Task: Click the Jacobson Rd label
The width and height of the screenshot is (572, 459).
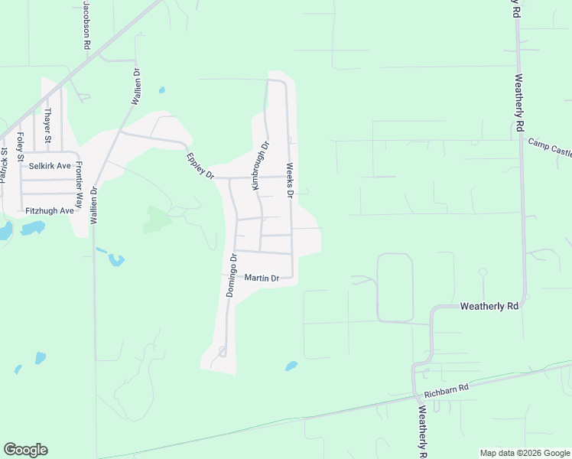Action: [x=87, y=25]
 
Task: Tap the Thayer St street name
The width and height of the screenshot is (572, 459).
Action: [x=47, y=125]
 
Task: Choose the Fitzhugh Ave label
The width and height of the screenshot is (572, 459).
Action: [x=49, y=210]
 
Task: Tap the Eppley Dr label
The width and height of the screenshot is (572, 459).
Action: [x=200, y=165]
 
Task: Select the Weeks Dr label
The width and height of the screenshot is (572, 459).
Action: [x=291, y=180]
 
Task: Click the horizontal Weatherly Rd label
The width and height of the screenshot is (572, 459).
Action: [x=489, y=306]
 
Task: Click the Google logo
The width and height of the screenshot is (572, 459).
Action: [x=25, y=450]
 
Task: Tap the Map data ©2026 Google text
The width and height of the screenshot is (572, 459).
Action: [x=524, y=453]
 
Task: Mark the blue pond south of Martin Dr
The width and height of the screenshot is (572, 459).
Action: [x=291, y=366]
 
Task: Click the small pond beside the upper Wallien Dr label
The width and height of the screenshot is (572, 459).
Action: [x=162, y=90]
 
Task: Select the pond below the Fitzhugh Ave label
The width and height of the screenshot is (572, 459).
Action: [x=32, y=228]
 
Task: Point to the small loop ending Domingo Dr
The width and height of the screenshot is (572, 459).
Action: [x=222, y=351]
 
